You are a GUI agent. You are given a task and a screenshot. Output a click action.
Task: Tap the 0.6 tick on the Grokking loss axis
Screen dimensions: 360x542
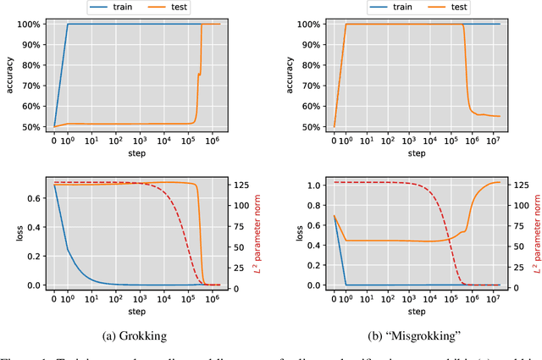tap(35, 198)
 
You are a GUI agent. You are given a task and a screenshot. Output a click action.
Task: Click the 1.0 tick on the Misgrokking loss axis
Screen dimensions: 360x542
tap(313, 185)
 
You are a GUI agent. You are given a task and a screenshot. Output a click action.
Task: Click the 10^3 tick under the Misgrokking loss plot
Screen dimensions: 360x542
tap(403, 299)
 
